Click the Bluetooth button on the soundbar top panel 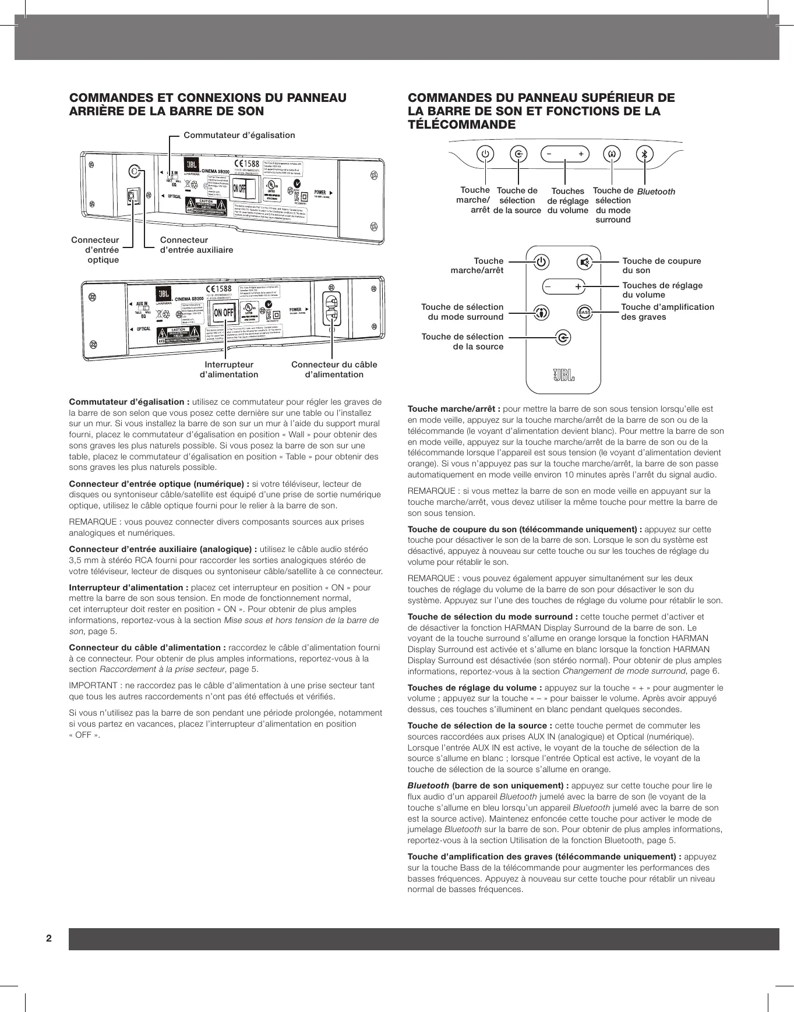[x=644, y=154]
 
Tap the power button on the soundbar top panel [x=485, y=154]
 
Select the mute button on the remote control [x=585, y=262]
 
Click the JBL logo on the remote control [x=563, y=376]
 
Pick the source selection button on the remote [x=563, y=338]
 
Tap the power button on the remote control [x=542, y=262]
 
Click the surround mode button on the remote [x=542, y=313]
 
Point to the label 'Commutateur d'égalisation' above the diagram [x=239, y=135]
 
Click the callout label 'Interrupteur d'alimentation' [x=229, y=370]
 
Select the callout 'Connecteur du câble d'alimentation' [x=334, y=370]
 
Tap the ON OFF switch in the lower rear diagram [x=224, y=313]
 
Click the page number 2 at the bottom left [x=49, y=938]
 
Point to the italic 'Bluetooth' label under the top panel [x=656, y=192]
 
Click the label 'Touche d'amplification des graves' [x=668, y=312]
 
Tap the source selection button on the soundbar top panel [x=518, y=154]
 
